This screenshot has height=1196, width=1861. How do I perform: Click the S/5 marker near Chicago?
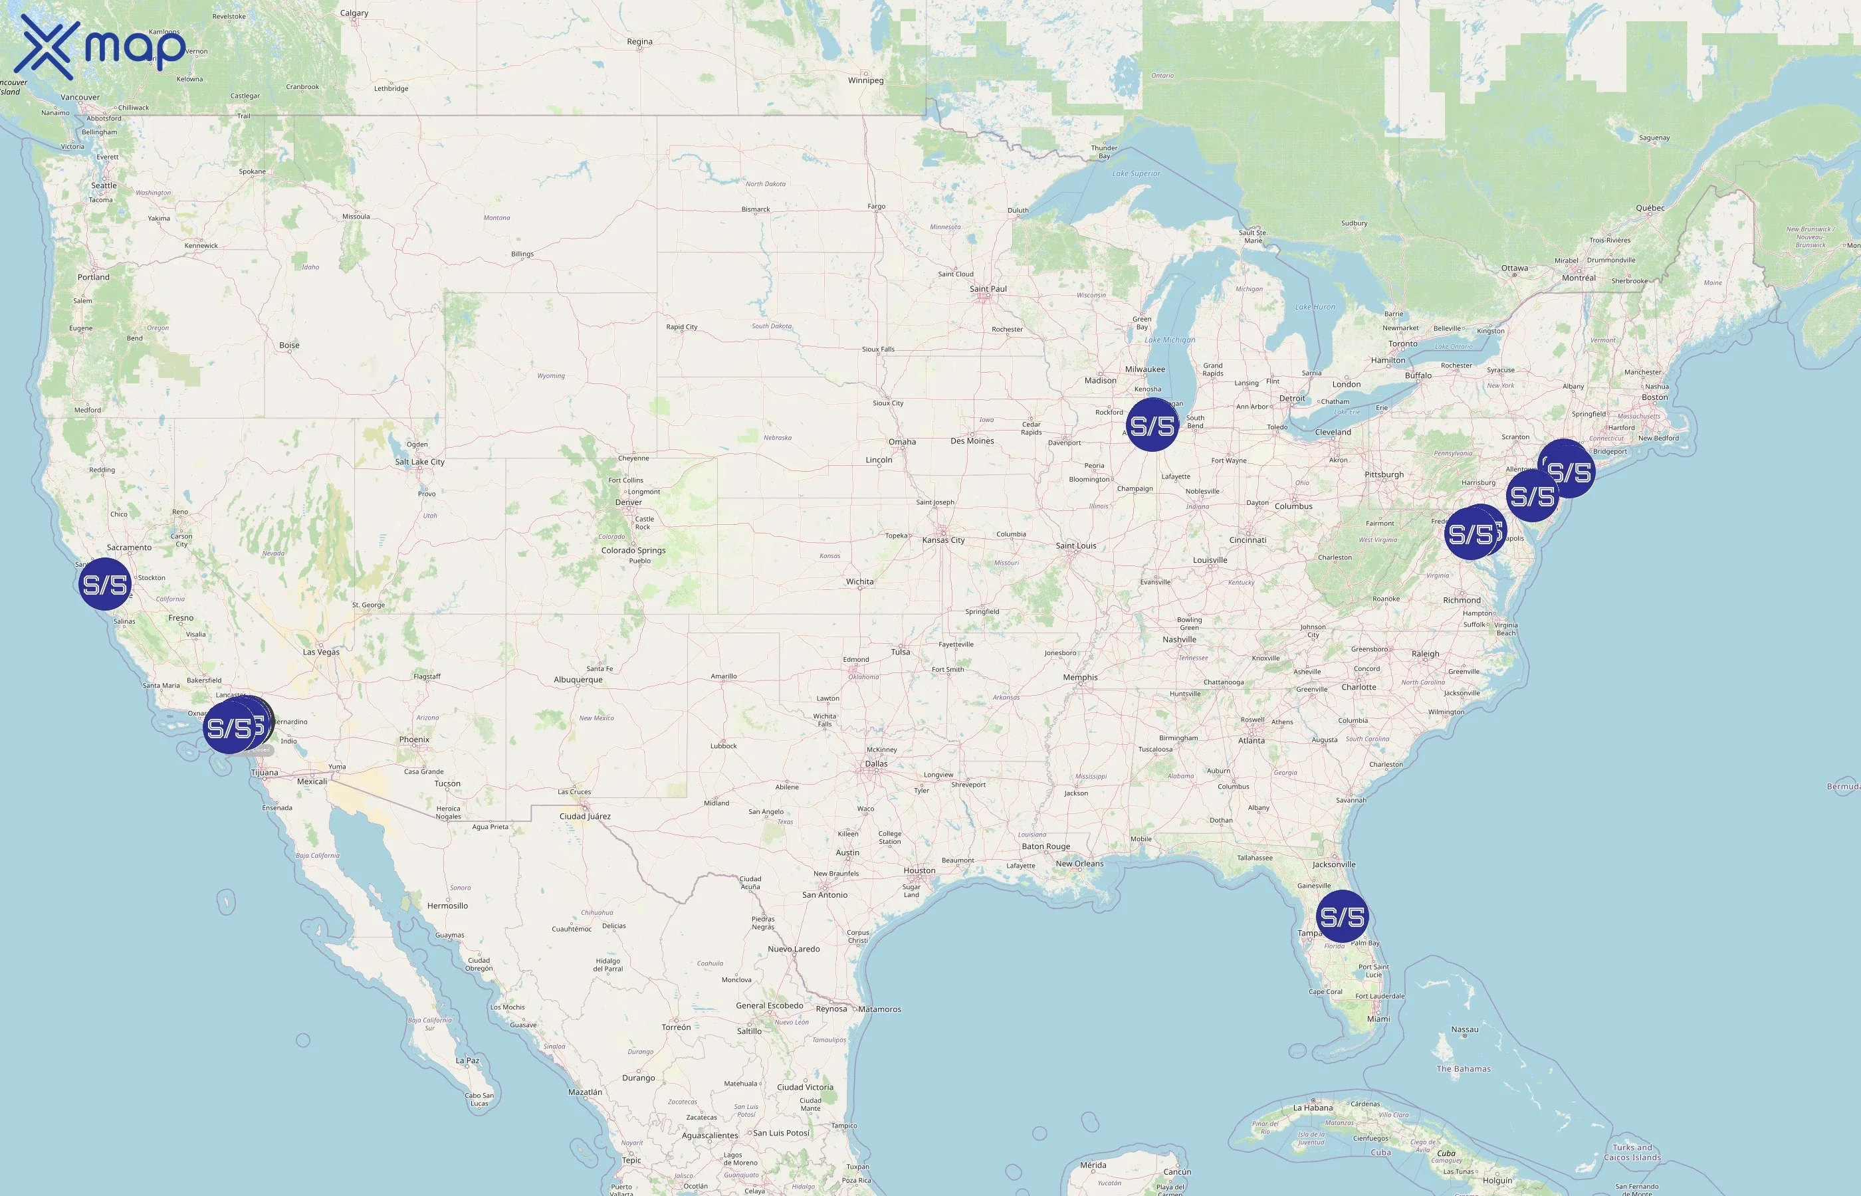point(1152,425)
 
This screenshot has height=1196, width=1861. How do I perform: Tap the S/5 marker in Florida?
point(1342,917)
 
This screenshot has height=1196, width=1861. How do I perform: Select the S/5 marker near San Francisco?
point(105,584)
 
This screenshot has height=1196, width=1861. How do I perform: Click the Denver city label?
point(628,502)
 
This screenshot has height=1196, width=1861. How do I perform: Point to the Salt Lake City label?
point(419,462)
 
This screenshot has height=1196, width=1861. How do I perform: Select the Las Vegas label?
point(321,652)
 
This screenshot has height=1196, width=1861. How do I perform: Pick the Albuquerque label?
point(578,680)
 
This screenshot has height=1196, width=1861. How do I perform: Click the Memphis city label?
point(1081,677)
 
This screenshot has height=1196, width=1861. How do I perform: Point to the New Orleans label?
point(1078,864)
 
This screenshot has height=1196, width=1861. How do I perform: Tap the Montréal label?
point(1579,278)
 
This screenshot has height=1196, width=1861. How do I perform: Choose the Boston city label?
point(1654,397)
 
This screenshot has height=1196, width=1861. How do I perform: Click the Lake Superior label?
point(1136,174)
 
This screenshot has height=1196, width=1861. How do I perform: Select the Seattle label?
point(104,185)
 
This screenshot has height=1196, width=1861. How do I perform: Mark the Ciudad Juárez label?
point(585,816)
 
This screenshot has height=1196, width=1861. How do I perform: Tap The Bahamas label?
point(1464,1068)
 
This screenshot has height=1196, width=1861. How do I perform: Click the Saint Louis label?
point(1076,546)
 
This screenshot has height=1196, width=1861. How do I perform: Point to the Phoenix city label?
point(414,740)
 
